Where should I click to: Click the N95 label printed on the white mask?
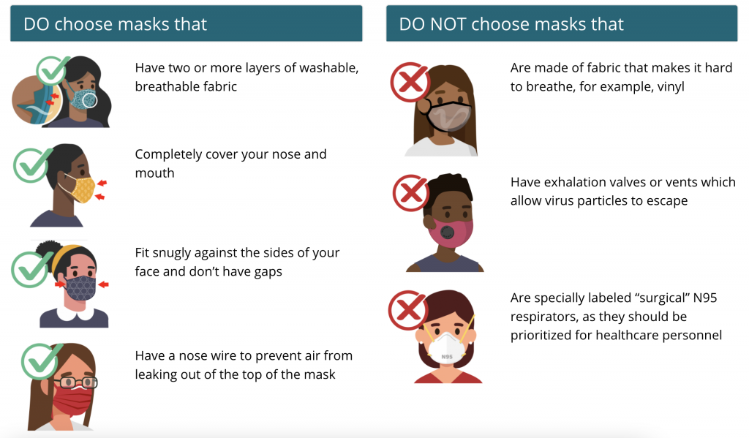pos(447,356)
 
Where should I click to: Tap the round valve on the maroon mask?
pos(448,233)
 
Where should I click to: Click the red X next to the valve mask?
pos(411,193)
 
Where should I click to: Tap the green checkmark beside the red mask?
pos(41,360)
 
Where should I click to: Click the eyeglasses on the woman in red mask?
pos(75,382)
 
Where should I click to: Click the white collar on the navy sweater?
pos(75,313)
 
